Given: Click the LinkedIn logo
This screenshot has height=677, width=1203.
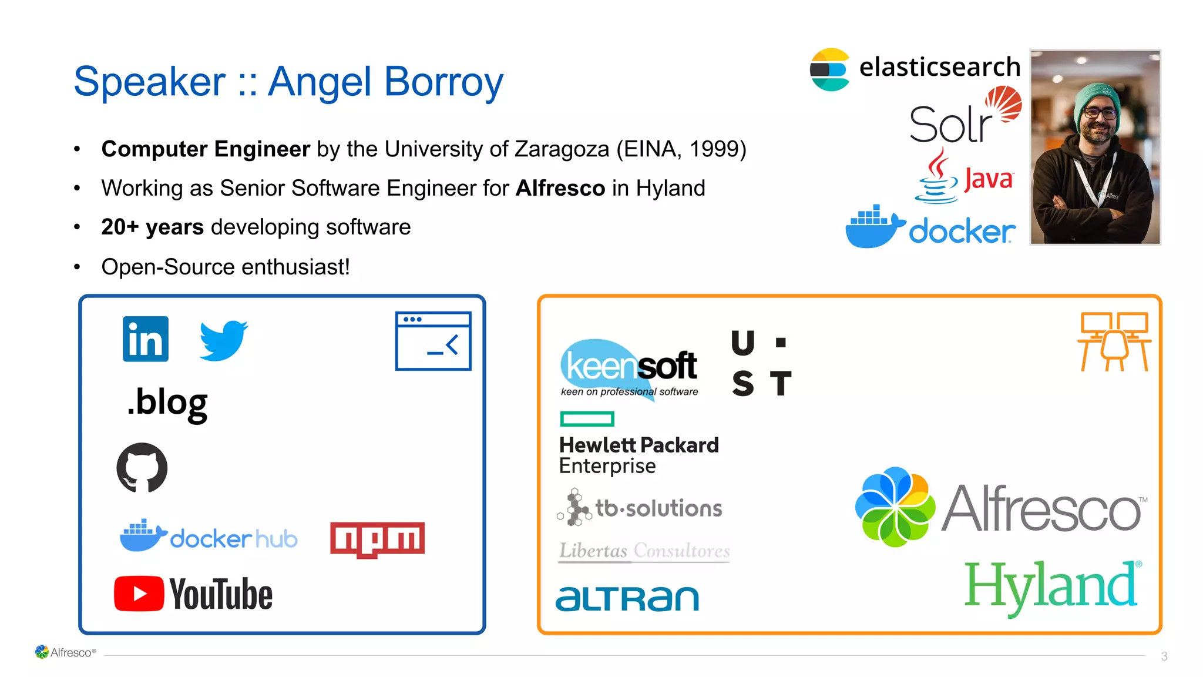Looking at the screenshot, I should (x=145, y=339).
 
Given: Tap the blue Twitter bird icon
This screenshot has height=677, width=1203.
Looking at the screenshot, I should (x=223, y=340).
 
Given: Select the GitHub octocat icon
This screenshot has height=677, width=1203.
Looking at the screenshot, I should (x=142, y=468).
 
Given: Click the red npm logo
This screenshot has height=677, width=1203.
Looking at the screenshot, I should (x=377, y=539).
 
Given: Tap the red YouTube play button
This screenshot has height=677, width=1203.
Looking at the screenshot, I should (x=139, y=594).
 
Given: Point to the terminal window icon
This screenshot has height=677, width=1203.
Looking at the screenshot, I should (x=433, y=341).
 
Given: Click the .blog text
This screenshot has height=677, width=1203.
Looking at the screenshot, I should (x=167, y=403).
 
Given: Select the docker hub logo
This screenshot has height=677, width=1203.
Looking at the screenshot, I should (x=209, y=536).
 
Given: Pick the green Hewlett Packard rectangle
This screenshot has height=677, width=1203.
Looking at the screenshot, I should (x=587, y=419).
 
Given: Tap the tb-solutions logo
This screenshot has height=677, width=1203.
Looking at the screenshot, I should (x=640, y=508).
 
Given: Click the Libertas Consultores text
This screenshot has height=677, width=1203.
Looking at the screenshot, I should (x=644, y=551).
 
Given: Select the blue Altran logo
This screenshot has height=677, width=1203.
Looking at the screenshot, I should (x=627, y=598).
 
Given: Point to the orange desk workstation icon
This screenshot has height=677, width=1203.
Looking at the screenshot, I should (x=1114, y=341).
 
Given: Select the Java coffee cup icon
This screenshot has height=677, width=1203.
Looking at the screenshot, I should (x=937, y=176).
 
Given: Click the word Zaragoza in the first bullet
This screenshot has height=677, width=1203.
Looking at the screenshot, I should (x=562, y=149).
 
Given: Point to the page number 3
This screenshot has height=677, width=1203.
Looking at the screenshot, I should (x=1164, y=656).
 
